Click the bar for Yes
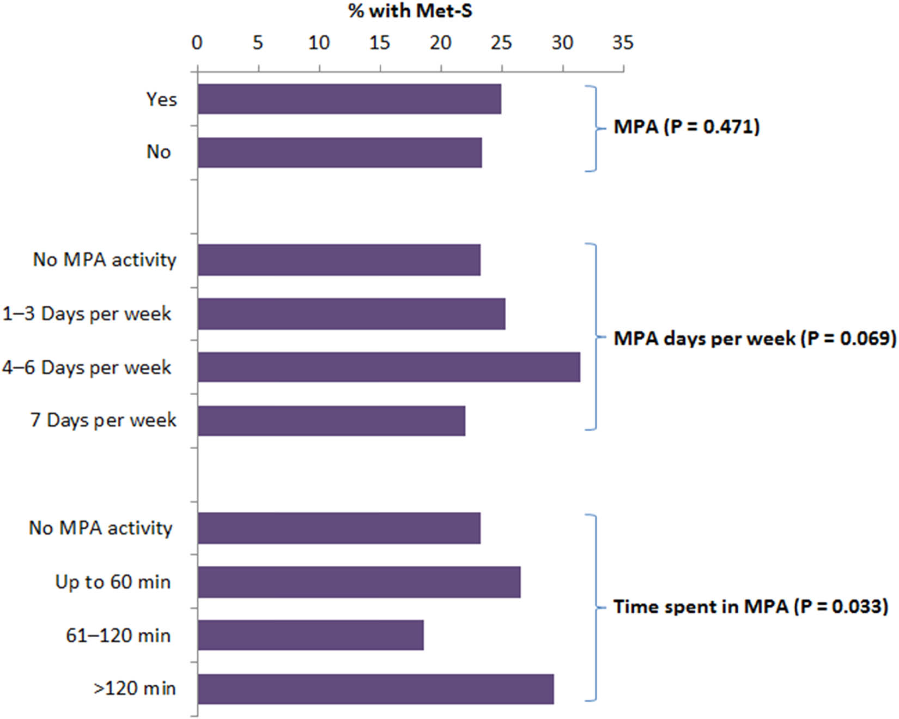point(349,99)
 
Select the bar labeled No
point(339,153)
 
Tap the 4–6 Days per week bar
point(388,367)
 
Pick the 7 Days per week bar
point(331,421)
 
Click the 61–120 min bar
point(311,635)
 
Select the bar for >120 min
point(375,689)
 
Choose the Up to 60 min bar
point(359,582)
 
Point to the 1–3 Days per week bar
point(351,314)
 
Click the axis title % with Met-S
point(410,11)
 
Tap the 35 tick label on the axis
point(623,43)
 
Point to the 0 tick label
point(197,43)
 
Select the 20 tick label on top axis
point(440,43)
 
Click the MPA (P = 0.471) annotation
point(687,127)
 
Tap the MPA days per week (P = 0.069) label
point(755,339)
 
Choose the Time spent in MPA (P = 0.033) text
point(751,607)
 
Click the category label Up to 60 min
point(113,582)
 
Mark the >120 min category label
point(135,688)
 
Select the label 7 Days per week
point(104,420)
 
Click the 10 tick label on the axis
point(319,43)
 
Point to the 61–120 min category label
point(118,636)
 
